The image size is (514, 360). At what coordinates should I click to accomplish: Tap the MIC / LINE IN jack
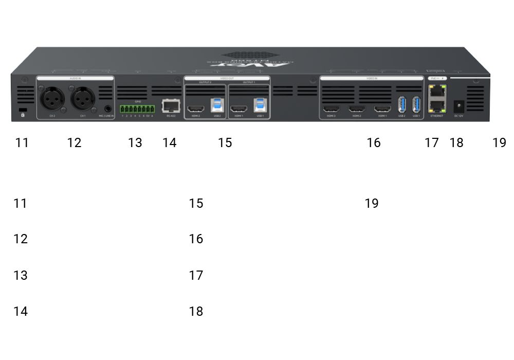(108, 109)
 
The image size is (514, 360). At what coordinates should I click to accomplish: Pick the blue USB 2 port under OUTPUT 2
(217, 105)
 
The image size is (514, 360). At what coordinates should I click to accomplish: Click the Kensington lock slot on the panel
(23, 111)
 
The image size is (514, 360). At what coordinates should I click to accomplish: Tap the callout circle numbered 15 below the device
(225, 142)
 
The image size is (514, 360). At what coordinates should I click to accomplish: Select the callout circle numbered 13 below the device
(135, 142)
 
